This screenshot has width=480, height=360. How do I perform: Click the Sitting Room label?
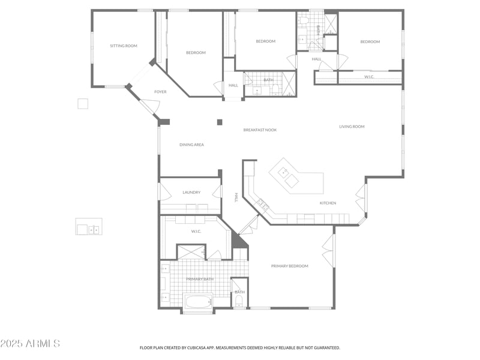(x=124, y=46)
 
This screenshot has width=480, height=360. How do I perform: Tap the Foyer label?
(x=160, y=92)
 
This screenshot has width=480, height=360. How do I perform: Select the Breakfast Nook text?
(x=260, y=130)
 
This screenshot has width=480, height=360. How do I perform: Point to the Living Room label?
(x=352, y=127)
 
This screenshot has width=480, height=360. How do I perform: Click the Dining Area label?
(x=191, y=145)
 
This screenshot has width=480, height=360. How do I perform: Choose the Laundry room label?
(x=191, y=192)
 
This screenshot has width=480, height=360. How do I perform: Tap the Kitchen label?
(x=328, y=203)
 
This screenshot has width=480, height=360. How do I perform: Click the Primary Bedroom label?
(x=289, y=266)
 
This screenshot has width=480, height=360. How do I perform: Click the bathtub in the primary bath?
(x=198, y=301)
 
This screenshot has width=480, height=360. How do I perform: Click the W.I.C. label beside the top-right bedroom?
(x=370, y=77)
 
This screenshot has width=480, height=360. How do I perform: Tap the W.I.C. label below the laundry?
(x=196, y=231)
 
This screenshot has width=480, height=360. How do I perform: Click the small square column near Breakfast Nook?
(x=220, y=122)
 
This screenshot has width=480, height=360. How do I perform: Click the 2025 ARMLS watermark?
(x=30, y=344)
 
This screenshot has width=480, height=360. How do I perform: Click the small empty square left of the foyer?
(x=83, y=104)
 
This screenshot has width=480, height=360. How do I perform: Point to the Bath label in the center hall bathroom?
(x=268, y=80)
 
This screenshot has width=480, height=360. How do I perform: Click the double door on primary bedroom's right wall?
(x=328, y=251)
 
